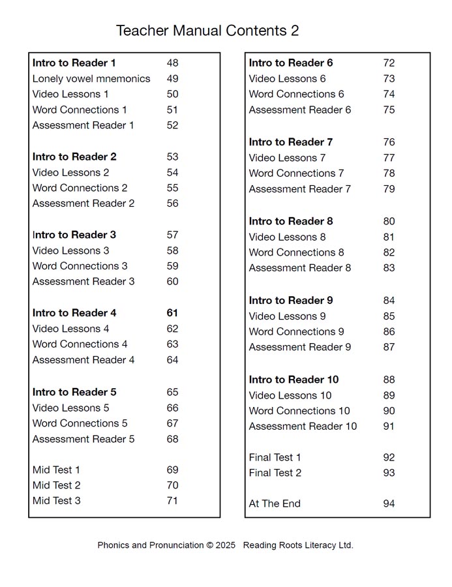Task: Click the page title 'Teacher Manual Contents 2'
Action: click(207, 31)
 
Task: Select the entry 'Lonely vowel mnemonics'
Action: click(91, 79)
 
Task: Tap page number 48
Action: click(172, 63)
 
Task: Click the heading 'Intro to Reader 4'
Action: click(74, 313)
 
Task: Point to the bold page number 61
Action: click(172, 313)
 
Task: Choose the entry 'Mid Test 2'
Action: click(57, 485)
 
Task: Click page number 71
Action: click(172, 501)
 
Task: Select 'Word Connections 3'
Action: click(80, 266)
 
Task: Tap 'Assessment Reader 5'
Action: click(83, 439)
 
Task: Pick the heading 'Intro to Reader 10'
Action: click(294, 380)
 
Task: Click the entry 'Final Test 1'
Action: click(275, 457)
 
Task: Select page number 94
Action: click(389, 504)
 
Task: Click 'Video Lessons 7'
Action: click(287, 158)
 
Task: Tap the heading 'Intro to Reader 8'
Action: click(291, 221)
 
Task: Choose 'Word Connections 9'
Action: click(297, 332)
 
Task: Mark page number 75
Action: click(389, 110)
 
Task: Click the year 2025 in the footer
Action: click(225, 545)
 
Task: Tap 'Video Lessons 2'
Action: click(71, 173)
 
